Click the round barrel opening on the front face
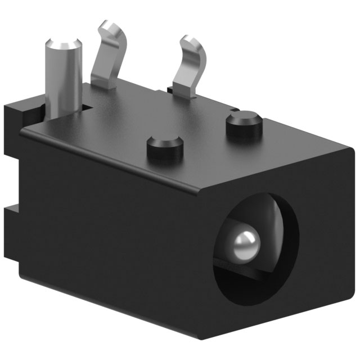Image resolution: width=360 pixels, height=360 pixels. pyautogui.click(x=256, y=247)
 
